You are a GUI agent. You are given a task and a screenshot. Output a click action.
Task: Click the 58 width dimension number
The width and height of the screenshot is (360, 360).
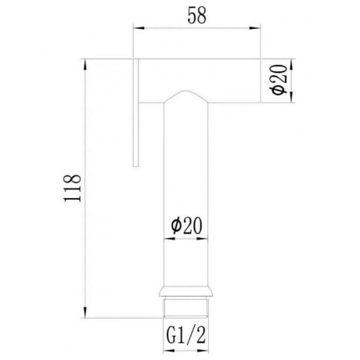(197, 16)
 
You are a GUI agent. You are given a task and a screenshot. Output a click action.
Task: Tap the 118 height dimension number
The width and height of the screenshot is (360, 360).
(72, 188)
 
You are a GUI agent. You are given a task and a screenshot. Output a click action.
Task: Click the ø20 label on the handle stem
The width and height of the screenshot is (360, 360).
(186, 225)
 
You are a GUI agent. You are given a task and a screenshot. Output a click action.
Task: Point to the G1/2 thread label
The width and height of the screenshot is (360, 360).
(186, 336)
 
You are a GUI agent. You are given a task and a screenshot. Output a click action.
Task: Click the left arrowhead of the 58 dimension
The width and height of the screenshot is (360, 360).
(139, 27)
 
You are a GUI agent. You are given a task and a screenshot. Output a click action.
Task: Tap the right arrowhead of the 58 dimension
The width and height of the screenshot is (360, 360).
(255, 27)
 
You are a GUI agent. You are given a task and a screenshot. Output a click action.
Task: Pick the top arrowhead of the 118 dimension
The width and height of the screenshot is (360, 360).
(85, 64)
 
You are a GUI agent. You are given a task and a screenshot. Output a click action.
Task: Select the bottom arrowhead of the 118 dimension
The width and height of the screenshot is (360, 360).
(85, 312)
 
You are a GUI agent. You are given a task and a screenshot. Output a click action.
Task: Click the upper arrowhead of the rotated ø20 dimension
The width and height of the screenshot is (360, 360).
(291, 64)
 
